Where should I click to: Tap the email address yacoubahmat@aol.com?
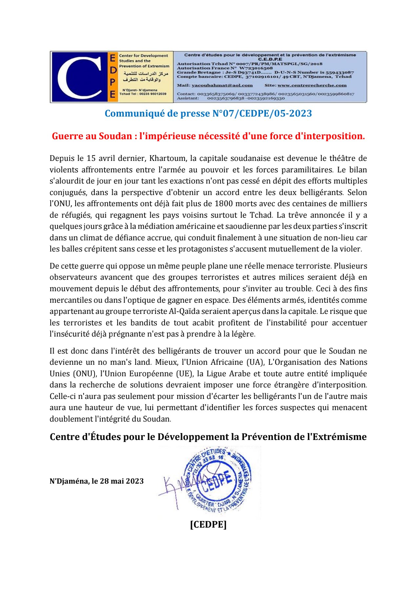222,85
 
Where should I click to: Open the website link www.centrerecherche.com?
312,85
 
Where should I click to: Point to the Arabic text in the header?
144,76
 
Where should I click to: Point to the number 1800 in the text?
224,204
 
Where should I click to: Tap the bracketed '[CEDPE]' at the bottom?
208,524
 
